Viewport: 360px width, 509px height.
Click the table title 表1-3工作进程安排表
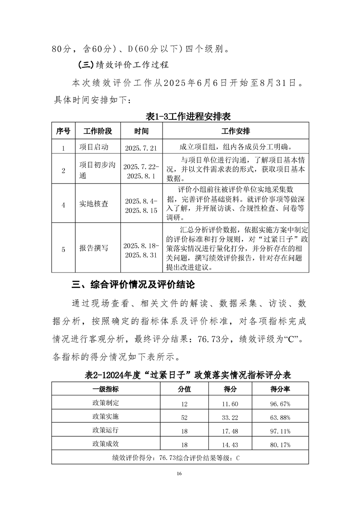pyautogui.click(x=188, y=116)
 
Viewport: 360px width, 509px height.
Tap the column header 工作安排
pyautogui.click(x=235, y=131)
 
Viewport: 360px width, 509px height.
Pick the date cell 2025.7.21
pyautogui.click(x=141, y=148)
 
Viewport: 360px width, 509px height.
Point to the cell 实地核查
pyautogui.click(x=94, y=204)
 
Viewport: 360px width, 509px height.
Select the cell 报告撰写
pyautogui.click(x=94, y=248)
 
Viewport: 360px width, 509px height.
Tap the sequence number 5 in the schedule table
pyautogui.click(x=63, y=249)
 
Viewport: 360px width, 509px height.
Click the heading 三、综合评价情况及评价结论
pyautogui.click(x=133, y=285)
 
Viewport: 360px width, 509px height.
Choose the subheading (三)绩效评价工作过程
pyautogui.click(x=123, y=64)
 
